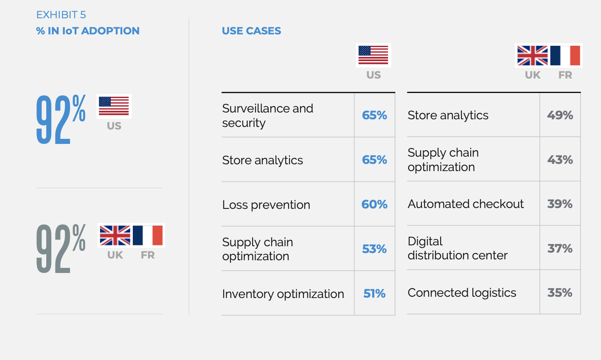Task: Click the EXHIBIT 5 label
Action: [x=61, y=15]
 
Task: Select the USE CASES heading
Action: [x=251, y=31]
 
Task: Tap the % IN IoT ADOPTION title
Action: [x=88, y=31]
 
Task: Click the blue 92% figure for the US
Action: [x=61, y=119]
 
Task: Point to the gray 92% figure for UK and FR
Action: [x=61, y=248]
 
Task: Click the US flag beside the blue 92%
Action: [x=114, y=106]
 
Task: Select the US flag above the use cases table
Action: [x=373, y=55]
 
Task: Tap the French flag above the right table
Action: [x=565, y=56]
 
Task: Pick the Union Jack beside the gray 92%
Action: [x=115, y=236]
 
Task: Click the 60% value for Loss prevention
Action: [x=374, y=205]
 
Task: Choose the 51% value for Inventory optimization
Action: [x=374, y=294]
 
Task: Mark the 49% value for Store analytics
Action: [x=560, y=115]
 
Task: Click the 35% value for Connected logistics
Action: [x=560, y=292]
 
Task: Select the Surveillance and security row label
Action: [x=267, y=116]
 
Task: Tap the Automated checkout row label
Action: [x=466, y=204]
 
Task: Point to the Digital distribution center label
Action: [x=458, y=248]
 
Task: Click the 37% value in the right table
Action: [x=560, y=249]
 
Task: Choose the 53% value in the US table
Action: [x=374, y=249]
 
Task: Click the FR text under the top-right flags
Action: [x=565, y=75]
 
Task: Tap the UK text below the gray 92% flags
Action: [x=115, y=255]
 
